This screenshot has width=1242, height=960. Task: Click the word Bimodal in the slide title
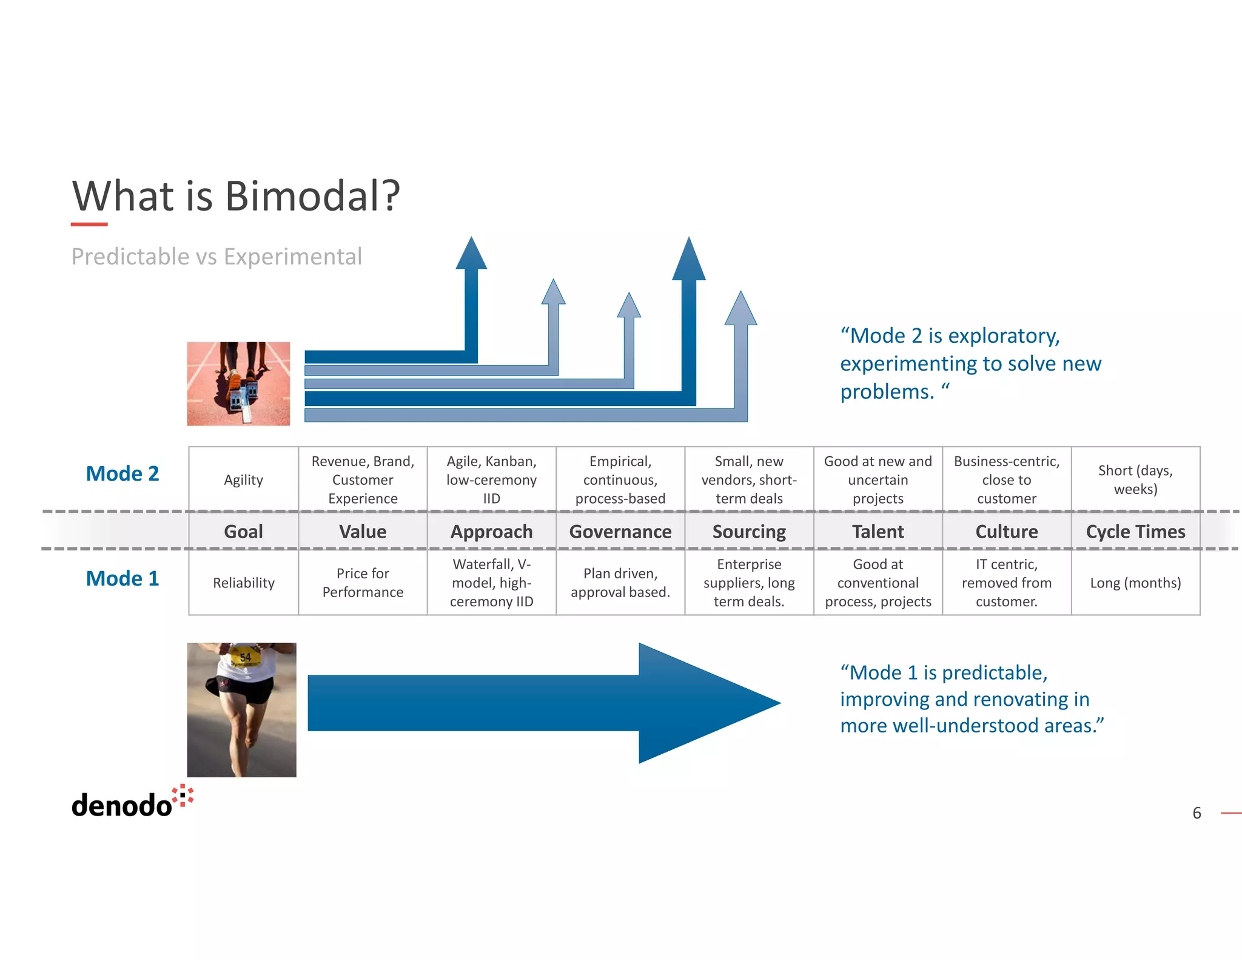click(x=312, y=196)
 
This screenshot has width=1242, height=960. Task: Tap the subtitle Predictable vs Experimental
click(x=217, y=257)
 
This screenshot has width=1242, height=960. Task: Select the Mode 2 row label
click(x=123, y=473)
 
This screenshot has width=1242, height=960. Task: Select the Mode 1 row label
click(x=123, y=578)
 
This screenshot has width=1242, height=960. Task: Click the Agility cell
click(x=243, y=480)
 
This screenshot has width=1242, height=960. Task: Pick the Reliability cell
click(x=243, y=583)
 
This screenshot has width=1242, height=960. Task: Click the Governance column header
click(x=620, y=532)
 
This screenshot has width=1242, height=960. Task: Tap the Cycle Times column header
click(x=1135, y=532)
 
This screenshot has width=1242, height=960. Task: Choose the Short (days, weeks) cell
click(x=1135, y=479)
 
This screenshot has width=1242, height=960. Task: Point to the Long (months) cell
click(x=1135, y=583)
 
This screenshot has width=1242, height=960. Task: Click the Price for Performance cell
click(x=363, y=583)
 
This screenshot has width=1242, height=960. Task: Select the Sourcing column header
click(x=749, y=532)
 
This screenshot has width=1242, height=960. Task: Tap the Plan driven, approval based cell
click(x=620, y=583)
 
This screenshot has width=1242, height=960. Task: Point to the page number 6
click(x=1197, y=813)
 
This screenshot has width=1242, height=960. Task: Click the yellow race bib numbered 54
click(x=246, y=657)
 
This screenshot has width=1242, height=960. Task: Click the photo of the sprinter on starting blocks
click(x=238, y=384)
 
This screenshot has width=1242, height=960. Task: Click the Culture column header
click(x=1006, y=532)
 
